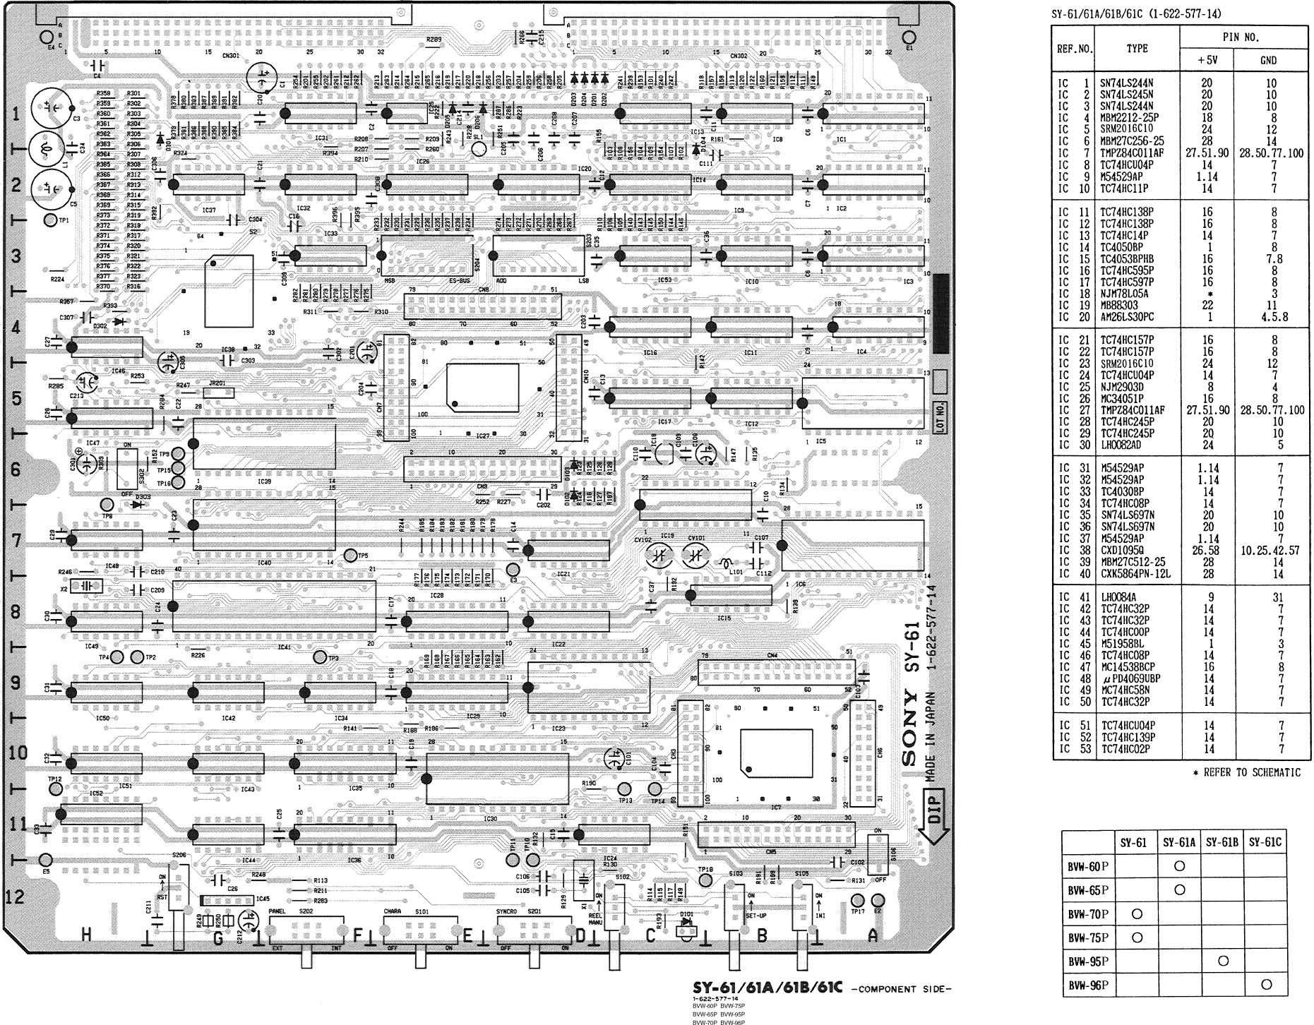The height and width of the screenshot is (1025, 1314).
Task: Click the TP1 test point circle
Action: (x=50, y=221)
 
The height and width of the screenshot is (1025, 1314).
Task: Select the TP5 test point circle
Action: (x=350, y=556)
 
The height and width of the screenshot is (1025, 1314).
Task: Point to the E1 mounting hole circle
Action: (x=910, y=37)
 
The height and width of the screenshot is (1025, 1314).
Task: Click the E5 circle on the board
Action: (x=46, y=859)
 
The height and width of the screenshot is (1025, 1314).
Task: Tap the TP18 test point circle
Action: (x=705, y=880)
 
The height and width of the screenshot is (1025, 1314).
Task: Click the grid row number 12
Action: (x=15, y=897)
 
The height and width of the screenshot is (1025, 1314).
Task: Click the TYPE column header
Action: (x=1137, y=49)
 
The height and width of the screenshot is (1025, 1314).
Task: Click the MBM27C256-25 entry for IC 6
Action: (x=1132, y=141)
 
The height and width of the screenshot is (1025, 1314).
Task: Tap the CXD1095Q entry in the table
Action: (x=1122, y=550)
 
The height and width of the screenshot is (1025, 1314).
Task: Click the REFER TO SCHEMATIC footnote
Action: (x=1246, y=772)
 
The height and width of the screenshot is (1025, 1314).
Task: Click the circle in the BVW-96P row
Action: (x=1266, y=984)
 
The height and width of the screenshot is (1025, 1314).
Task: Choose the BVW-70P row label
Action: (x=1088, y=914)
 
